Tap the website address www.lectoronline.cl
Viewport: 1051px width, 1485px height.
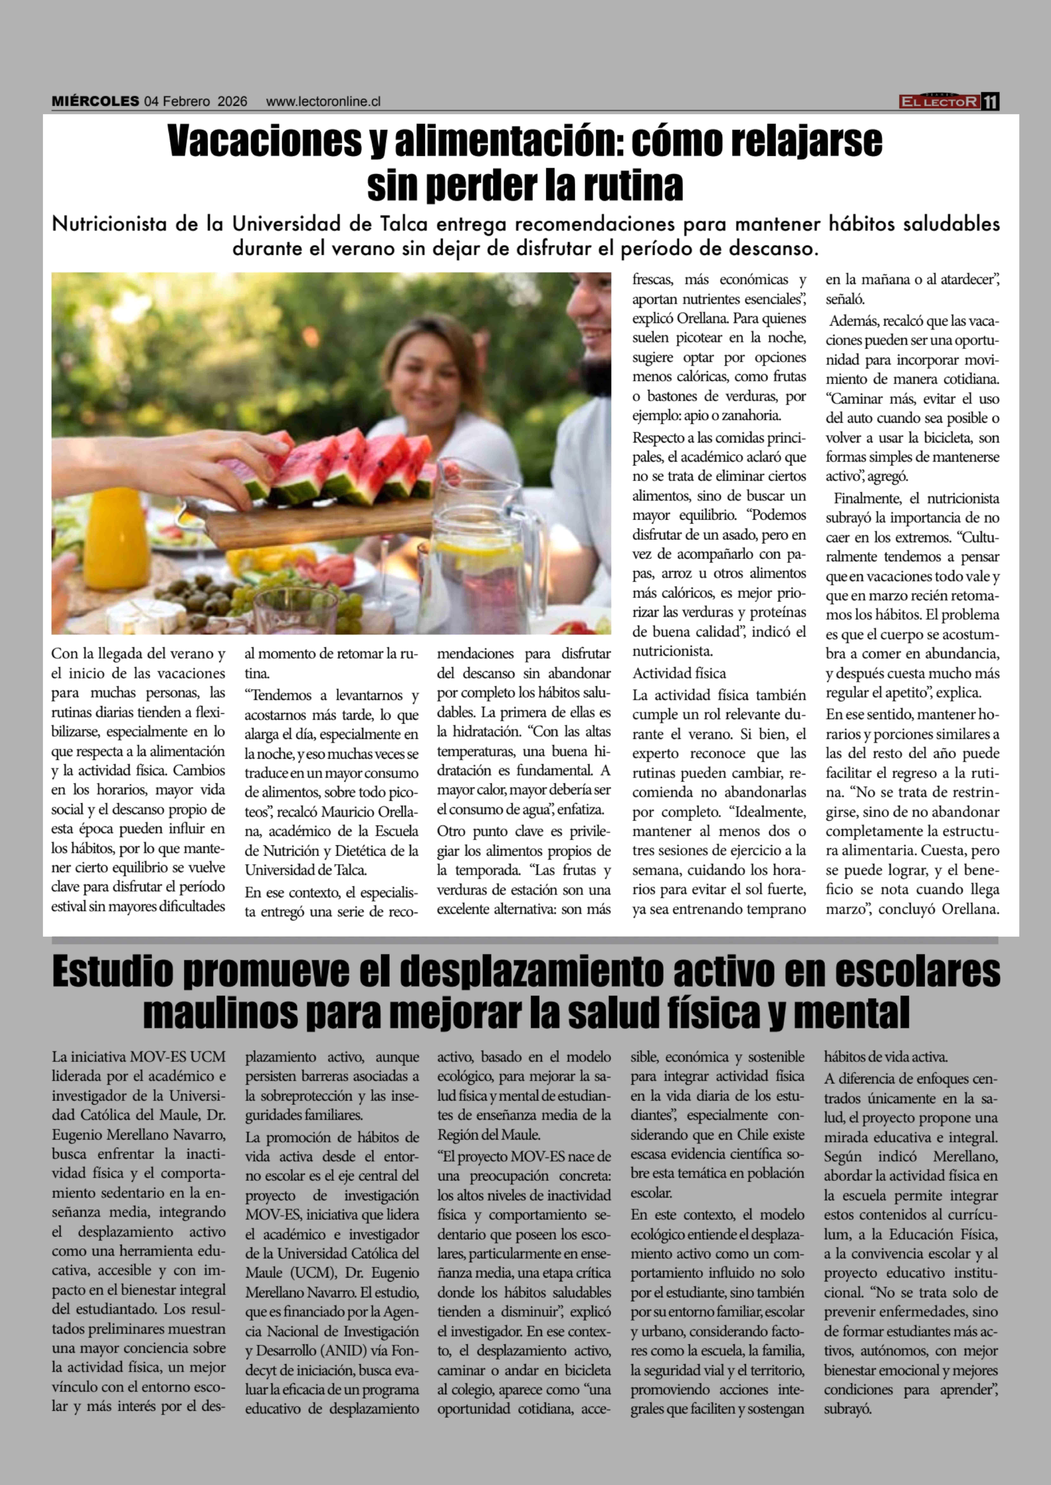323,102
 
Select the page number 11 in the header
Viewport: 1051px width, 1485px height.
990,102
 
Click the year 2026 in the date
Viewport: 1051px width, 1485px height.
232,102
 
